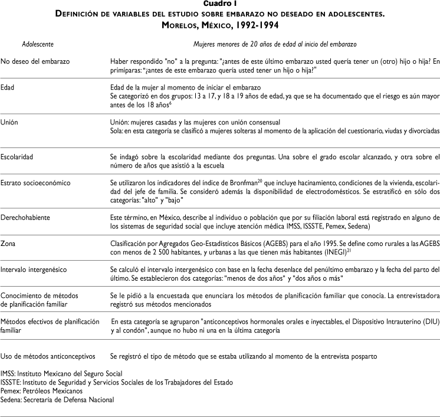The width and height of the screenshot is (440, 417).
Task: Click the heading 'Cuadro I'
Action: pyautogui.click(x=219, y=5)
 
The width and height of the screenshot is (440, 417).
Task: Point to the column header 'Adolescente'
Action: pyautogui.click(x=38, y=44)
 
